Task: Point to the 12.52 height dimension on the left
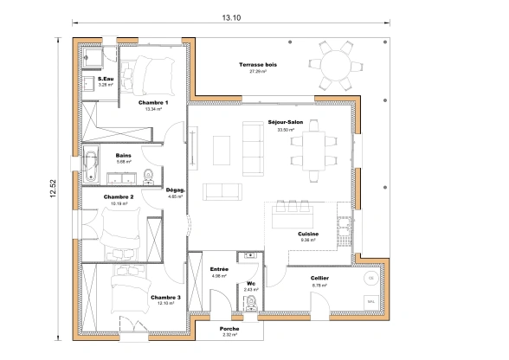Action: pyautogui.click(x=53, y=188)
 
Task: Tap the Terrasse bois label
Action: pyautogui.click(x=257, y=66)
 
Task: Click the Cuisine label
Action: pyautogui.click(x=309, y=234)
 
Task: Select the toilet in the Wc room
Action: pyautogui.click(x=250, y=302)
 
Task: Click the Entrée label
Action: pyautogui.click(x=219, y=269)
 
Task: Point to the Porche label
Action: pyautogui.click(x=229, y=328)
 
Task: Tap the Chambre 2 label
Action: pyautogui.click(x=119, y=197)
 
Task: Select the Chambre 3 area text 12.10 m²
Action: pyautogui.click(x=165, y=304)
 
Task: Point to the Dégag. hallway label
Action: pyautogui.click(x=176, y=190)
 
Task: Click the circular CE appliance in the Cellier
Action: pyautogui.click(x=370, y=278)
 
